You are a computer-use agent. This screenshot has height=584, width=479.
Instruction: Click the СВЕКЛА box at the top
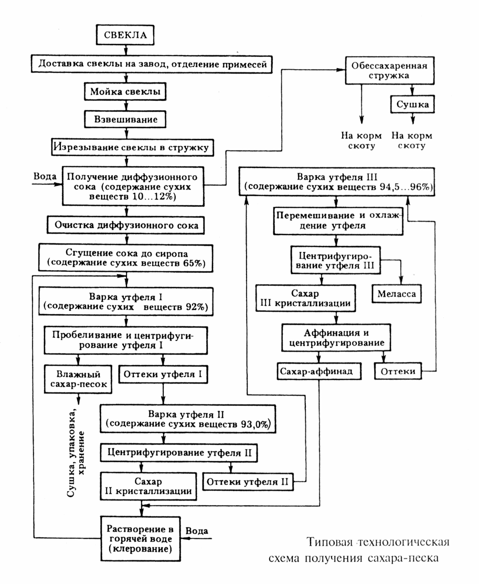coord(125,36)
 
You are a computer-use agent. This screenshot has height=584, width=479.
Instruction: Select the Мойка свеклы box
coord(125,91)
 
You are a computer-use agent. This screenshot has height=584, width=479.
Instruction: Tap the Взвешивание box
coord(125,119)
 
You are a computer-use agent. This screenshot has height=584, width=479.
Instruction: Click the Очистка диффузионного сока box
coord(124,225)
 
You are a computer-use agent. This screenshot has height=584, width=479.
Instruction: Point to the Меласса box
coord(396,294)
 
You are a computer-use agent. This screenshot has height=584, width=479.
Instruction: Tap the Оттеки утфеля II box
coord(248,481)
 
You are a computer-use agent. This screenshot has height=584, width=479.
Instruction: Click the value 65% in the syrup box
coord(194,263)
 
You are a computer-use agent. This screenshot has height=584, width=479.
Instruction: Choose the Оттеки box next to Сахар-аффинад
coord(398,371)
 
